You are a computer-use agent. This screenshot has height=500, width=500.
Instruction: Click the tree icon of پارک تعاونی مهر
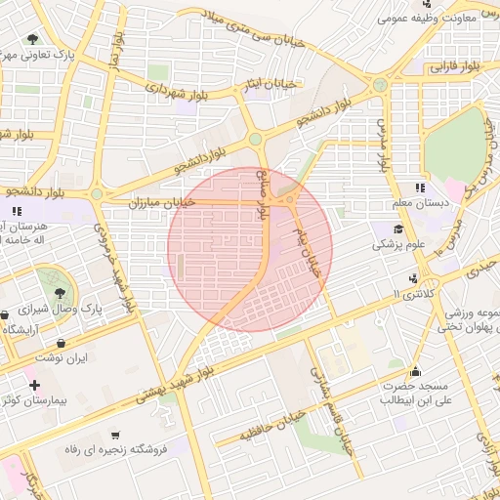[x=32, y=40]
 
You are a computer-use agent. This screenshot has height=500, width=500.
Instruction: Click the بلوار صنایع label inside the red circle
[x=263, y=195]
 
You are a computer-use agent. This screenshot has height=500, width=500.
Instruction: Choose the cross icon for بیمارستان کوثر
[x=35, y=385]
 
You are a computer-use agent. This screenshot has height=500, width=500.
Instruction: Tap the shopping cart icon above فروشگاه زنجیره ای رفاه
[x=116, y=434]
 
